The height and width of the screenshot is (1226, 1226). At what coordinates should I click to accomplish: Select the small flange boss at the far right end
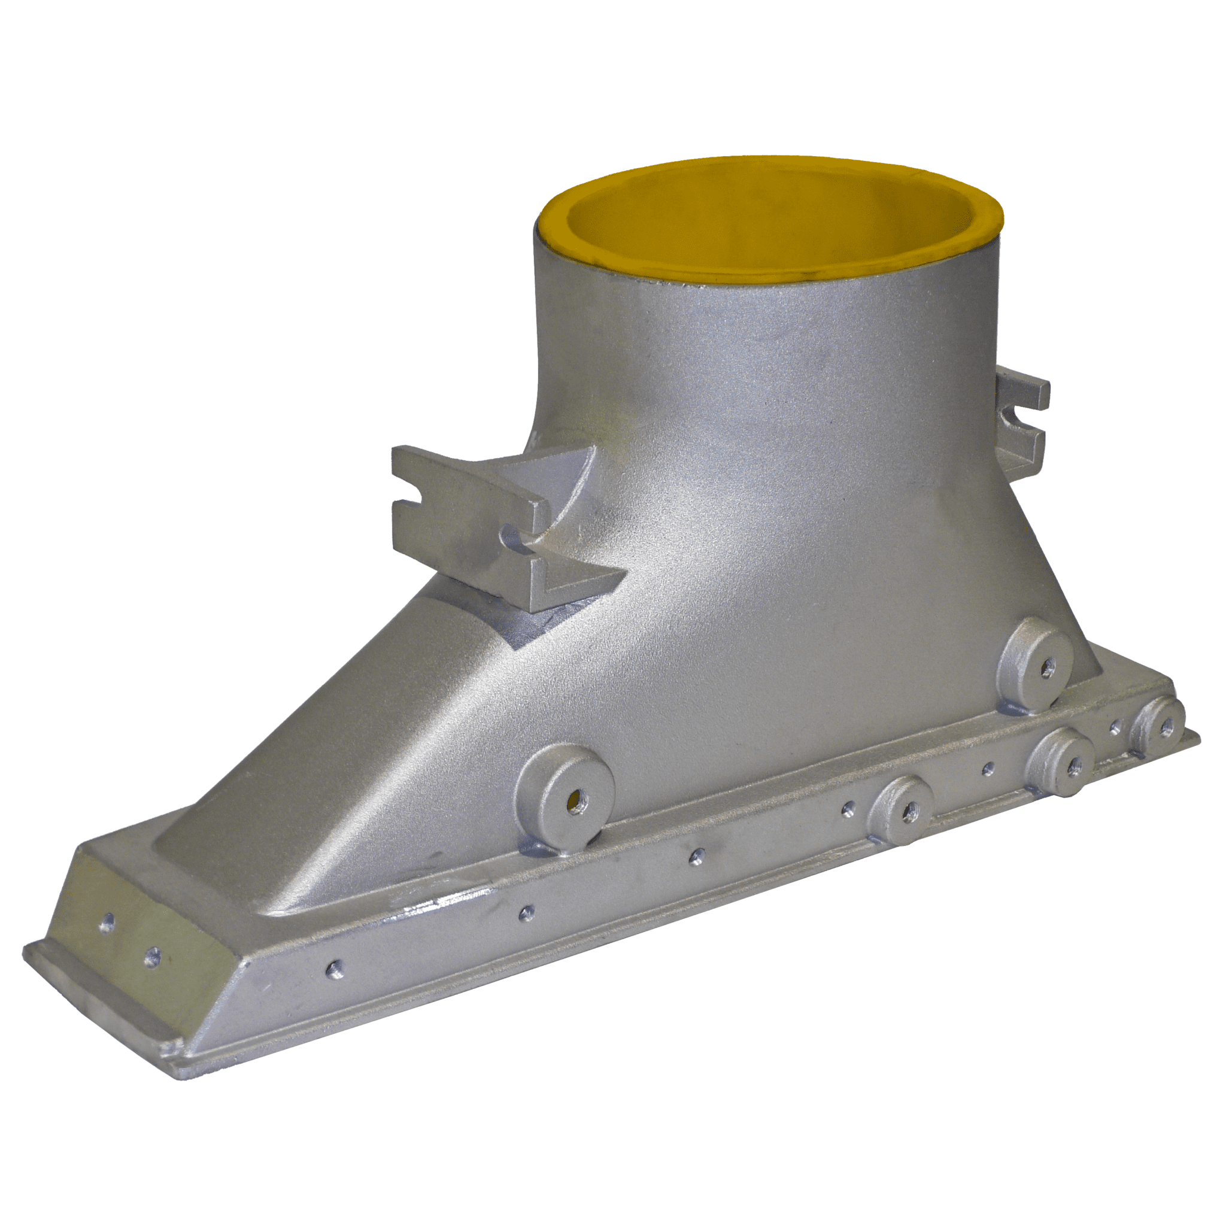click(x=1163, y=728)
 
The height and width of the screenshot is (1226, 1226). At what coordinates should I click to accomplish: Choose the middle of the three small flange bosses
click(x=1067, y=767)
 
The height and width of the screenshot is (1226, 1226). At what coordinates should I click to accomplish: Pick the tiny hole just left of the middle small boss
click(x=987, y=770)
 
